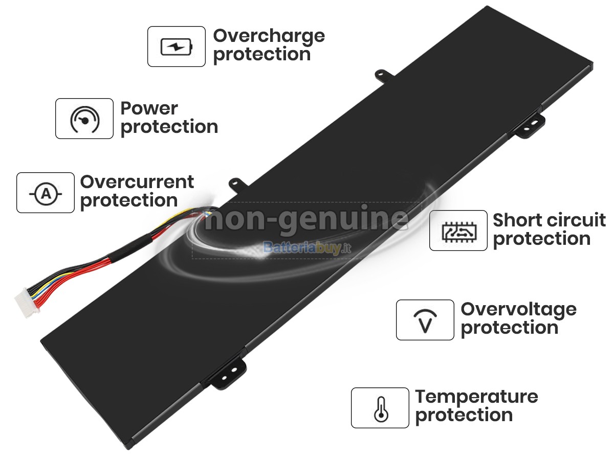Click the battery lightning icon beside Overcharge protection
[176, 47]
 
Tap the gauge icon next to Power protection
[84, 119]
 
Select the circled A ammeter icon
[46, 193]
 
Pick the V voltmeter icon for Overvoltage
[425, 321]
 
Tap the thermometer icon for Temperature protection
[381, 409]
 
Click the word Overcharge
[269, 37]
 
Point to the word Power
[149, 108]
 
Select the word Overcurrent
[137, 182]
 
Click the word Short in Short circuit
[514, 220]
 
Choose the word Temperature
[477, 398]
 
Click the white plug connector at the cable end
[27, 303]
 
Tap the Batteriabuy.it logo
[307, 247]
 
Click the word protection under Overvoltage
[510, 328]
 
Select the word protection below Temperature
[464, 416]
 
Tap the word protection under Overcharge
[262, 55]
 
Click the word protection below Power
[169, 127]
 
